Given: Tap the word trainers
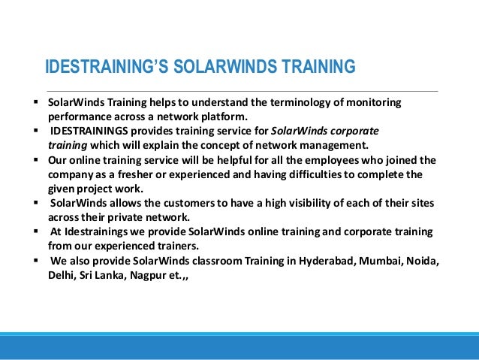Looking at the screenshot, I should pyautogui.click(x=176, y=247).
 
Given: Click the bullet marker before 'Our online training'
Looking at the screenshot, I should pyautogui.click(x=36, y=160).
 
